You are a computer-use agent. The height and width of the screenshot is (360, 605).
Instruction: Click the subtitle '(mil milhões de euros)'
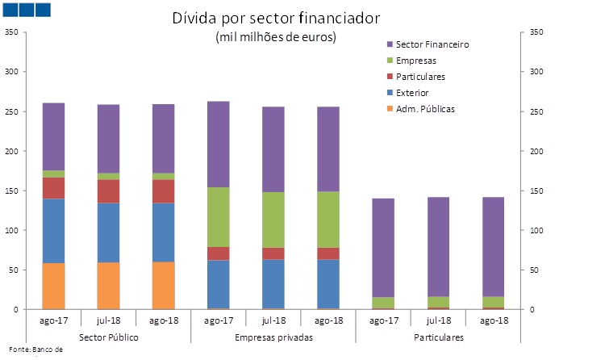276,37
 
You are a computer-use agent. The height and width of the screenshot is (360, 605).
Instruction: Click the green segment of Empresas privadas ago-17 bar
218,217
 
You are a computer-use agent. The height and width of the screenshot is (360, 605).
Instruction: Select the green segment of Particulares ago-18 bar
492,302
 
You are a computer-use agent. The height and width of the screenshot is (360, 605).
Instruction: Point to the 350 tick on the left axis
10,32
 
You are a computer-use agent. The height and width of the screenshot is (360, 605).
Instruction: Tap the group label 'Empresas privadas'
273,336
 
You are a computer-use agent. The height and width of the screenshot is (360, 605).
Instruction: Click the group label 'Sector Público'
108,336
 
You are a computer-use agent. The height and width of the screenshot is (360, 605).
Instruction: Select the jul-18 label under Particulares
437,320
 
